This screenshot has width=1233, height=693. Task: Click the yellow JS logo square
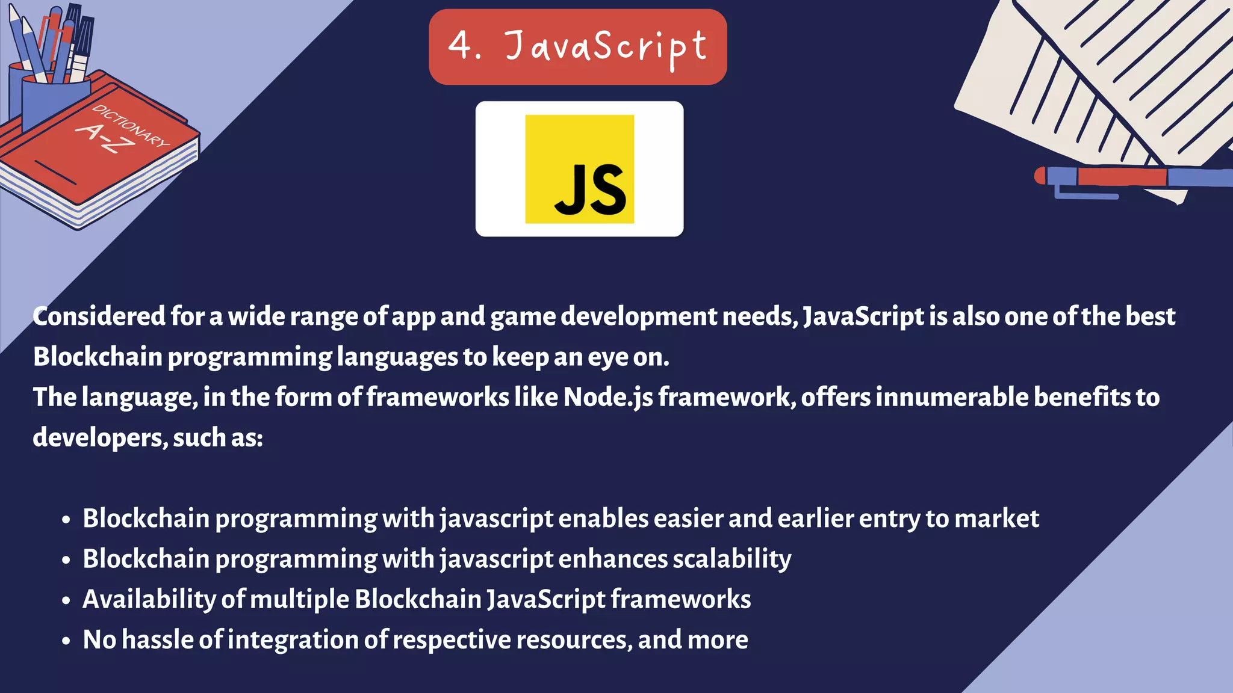579,169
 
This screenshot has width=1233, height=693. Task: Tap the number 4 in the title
461,45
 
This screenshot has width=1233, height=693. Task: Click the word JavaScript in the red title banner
606,47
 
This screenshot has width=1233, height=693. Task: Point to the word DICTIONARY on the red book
131,126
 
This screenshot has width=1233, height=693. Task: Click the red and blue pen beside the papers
1132,177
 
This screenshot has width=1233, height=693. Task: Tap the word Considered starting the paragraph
99,316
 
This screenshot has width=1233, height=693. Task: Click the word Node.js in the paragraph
608,397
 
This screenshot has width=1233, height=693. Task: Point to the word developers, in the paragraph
100,437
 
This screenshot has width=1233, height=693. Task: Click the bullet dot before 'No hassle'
66,641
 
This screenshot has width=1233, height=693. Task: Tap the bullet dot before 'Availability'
66,600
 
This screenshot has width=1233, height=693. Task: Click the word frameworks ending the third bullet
681,599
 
